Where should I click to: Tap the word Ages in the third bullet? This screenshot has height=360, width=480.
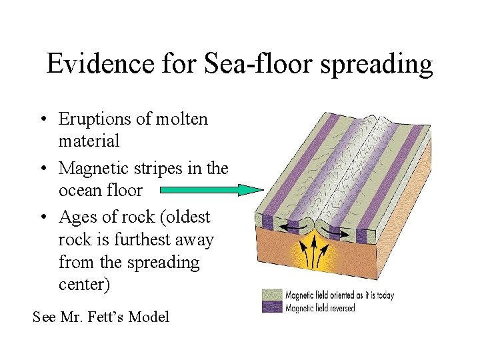coord(77,217)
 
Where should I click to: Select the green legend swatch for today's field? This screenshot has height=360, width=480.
coord(271,295)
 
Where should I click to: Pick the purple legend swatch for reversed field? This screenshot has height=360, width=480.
coord(271,307)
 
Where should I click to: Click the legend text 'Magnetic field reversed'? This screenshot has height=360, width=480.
coord(320,308)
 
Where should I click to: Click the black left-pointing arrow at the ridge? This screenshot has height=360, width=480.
coord(289,228)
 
